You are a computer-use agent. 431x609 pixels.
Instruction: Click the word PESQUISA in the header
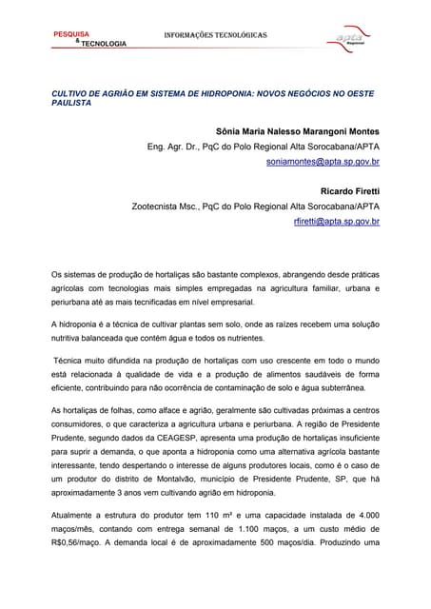pyautogui.click(x=70, y=33)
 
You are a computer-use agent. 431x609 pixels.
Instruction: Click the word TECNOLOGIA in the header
pyautogui.click(x=103, y=44)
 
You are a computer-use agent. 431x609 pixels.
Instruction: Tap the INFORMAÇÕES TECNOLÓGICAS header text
pyautogui.click(x=216, y=35)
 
